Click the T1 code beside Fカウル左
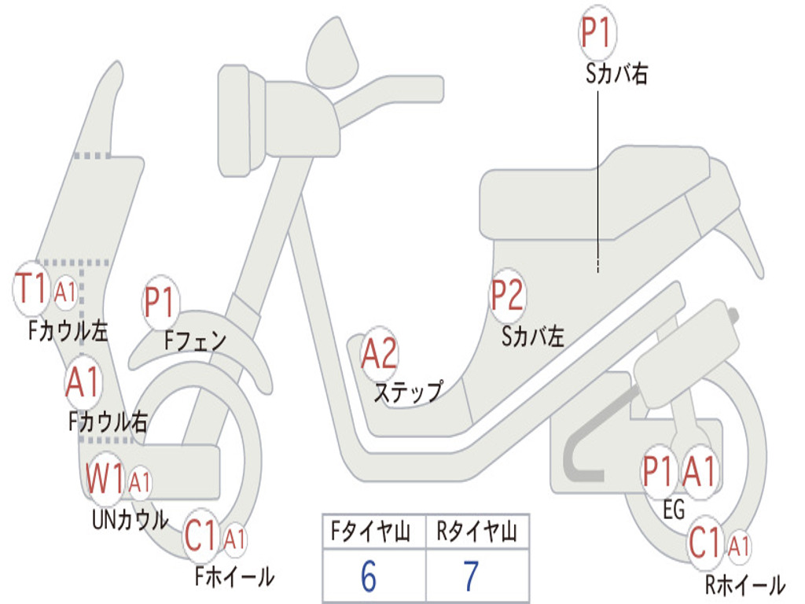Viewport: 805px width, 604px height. (x=34, y=289)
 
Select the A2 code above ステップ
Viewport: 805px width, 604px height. (x=380, y=354)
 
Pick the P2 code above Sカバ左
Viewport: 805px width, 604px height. (x=507, y=296)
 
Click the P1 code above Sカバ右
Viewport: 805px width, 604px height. (x=596, y=34)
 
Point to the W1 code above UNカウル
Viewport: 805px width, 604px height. (x=105, y=477)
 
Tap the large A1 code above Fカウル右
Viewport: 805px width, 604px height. (x=83, y=382)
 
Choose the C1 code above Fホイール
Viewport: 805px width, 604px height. (x=201, y=537)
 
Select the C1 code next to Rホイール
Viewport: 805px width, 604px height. (x=705, y=542)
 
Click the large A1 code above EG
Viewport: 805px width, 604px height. (x=699, y=472)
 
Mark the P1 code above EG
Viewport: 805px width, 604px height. (x=659, y=472)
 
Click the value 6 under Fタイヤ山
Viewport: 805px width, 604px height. (x=369, y=576)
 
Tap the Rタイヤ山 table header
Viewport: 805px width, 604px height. (x=476, y=533)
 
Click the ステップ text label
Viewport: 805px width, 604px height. (x=408, y=391)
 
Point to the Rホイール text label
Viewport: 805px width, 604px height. (x=744, y=584)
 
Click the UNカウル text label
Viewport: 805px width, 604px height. (x=130, y=519)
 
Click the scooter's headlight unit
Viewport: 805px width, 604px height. (x=236, y=122)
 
